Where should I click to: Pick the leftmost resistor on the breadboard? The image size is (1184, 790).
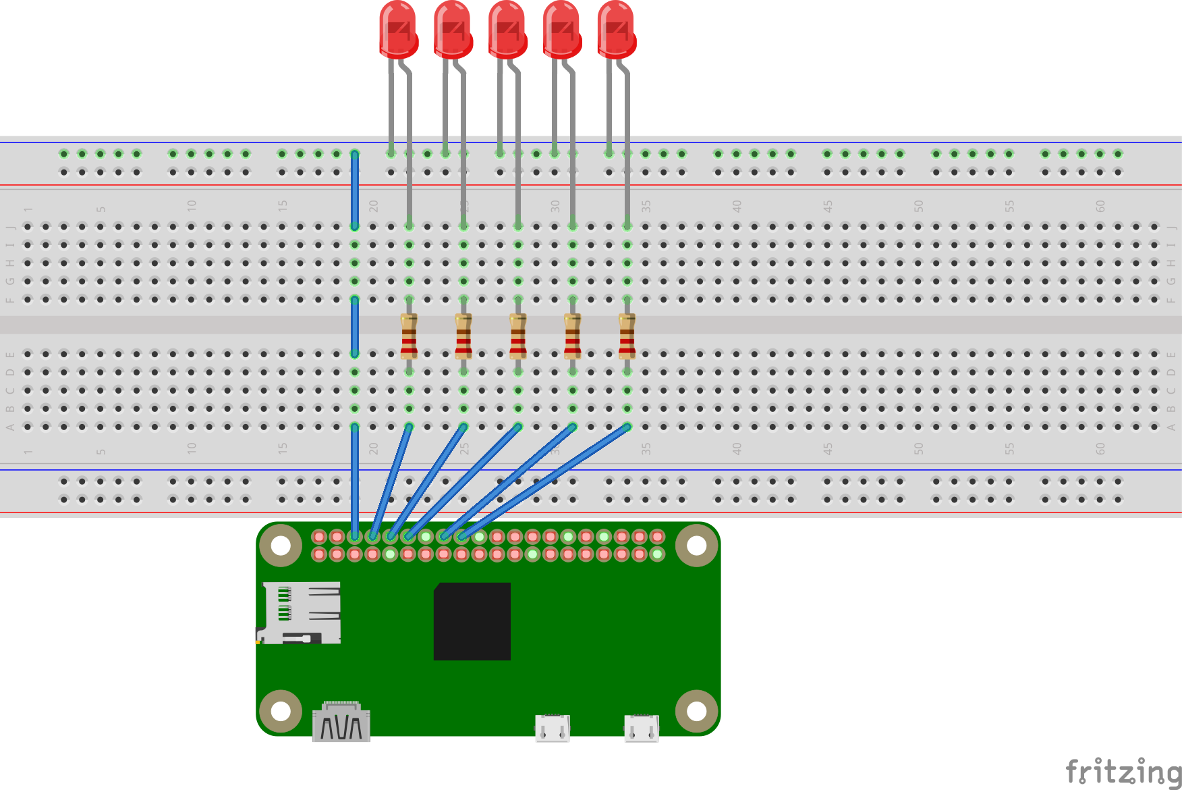pyautogui.click(x=409, y=336)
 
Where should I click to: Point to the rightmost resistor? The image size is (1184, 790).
pyautogui.click(x=627, y=336)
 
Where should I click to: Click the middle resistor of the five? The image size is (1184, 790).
pyautogui.click(x=518, y=336)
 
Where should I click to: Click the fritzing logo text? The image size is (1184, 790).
pyautogui.click(x=1123, y=771)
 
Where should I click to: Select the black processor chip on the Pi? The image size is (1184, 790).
pyautogui.click(x=472, y=621)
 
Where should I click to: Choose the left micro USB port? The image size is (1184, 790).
pyautogui.click(x=553, y=728)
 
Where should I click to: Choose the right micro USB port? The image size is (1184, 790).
pyautogui.click(x=642, y=728)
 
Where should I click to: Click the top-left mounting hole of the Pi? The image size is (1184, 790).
pyautogui.click(x=281, y=546)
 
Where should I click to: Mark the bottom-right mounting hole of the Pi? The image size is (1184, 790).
pyautogui.click(x=696, y=711)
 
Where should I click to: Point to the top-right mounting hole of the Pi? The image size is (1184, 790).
pyautogui.click(x=696, y=546)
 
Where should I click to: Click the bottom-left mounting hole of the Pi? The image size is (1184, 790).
pyautogui.click(x=281, y=711)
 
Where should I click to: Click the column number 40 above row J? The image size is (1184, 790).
pyautogui.click(x=737, y=205)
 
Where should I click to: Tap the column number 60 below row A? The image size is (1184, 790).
pyautogui.click(x=1100, y=448)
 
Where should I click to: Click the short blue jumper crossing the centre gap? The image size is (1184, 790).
pyautogui.click(x=355, y=326)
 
